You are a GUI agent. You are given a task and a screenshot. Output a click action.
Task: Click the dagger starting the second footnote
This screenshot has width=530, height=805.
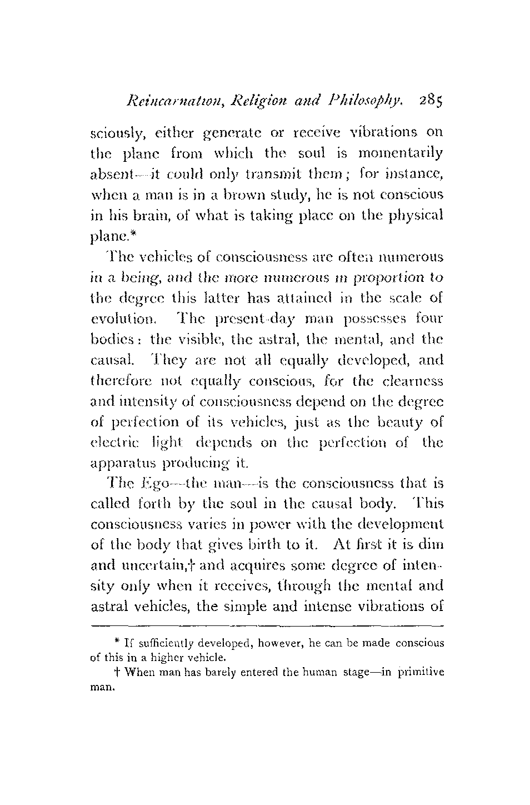click(x=112, y=672)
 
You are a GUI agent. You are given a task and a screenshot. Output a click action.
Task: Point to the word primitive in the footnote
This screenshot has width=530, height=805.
click(x=420, y=672)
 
